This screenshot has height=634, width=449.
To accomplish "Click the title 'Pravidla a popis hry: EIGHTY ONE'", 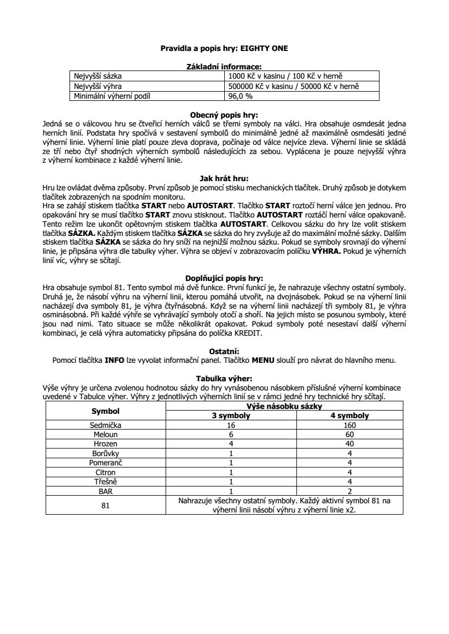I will tap(224, 48).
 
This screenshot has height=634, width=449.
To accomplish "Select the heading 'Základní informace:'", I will tap(224, 67).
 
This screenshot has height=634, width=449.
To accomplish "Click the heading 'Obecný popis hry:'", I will tap(224, 115).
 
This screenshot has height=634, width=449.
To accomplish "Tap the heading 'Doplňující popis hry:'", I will tap(224, 278).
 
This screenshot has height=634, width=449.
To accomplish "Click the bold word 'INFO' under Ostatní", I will tap(114, 360).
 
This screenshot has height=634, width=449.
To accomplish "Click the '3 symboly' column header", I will tap(231, 416).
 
